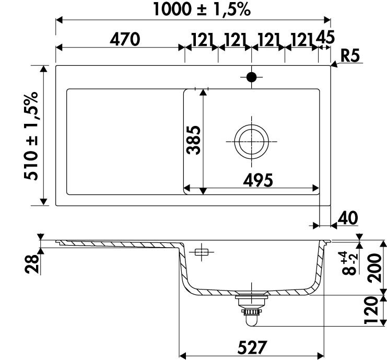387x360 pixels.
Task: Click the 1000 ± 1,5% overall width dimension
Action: (202, 9)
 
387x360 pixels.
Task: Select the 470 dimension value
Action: (125, 39)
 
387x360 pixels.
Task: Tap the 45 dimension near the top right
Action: (325, 37)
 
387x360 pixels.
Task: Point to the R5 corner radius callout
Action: (350, 56)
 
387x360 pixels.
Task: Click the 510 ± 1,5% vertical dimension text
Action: (31, 136)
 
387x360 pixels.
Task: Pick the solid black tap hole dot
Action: (252, 77)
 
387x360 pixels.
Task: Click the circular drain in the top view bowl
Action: (252, 142)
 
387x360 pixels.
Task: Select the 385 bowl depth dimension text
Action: (193, 140)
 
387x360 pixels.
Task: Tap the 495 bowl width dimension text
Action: (258, 180)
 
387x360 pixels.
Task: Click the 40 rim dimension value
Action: (347, 218)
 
